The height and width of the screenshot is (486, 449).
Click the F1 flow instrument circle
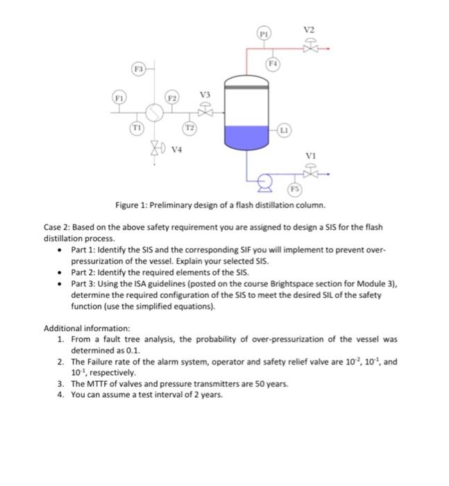click(121, 99)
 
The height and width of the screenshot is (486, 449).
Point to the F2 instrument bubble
click(171, 99)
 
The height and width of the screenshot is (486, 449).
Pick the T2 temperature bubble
click(189, 129)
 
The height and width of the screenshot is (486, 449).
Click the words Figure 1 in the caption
click(135, 206)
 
